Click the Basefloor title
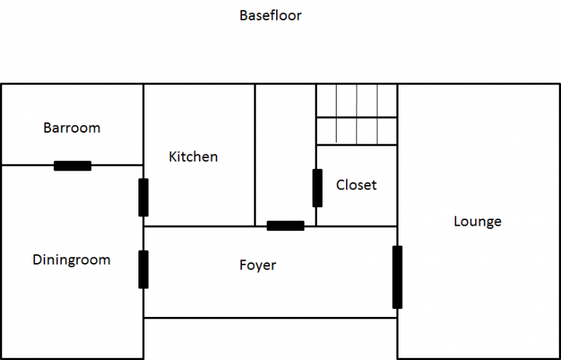(x=270, y=15)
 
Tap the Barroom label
(x=71, y=128)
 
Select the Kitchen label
(x=193, y=157)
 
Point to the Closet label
(x=356, y=185)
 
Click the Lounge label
(x=477, y=222)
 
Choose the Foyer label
(x=258, y=265)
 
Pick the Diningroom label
(x=71, y=260)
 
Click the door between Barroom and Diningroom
(x=73, y=165)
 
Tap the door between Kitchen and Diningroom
(x=144, y=197)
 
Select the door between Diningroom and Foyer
(x=144, y=269)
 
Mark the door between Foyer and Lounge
(x=397, y=277)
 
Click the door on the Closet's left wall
(x=317, y=187)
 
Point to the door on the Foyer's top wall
(x=285, y=226)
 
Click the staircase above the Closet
(x=356, y=114)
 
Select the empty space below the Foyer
(x=270, y=338)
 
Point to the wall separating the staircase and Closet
(x=356, y=144)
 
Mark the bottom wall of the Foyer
(x=270, y=318)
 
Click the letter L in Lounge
(x=457, y=222)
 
